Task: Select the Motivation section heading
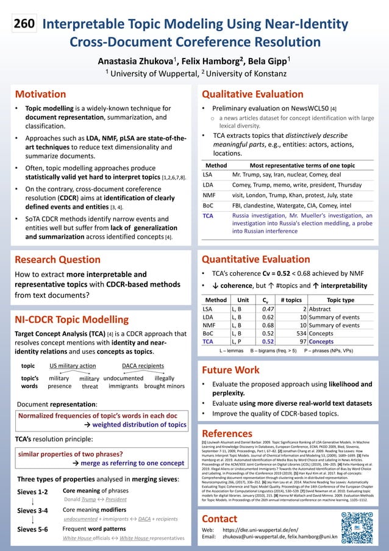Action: [40, 95]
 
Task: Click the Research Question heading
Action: [57, 259]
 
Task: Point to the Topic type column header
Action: [340, 300]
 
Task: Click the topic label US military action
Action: [73, 366]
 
